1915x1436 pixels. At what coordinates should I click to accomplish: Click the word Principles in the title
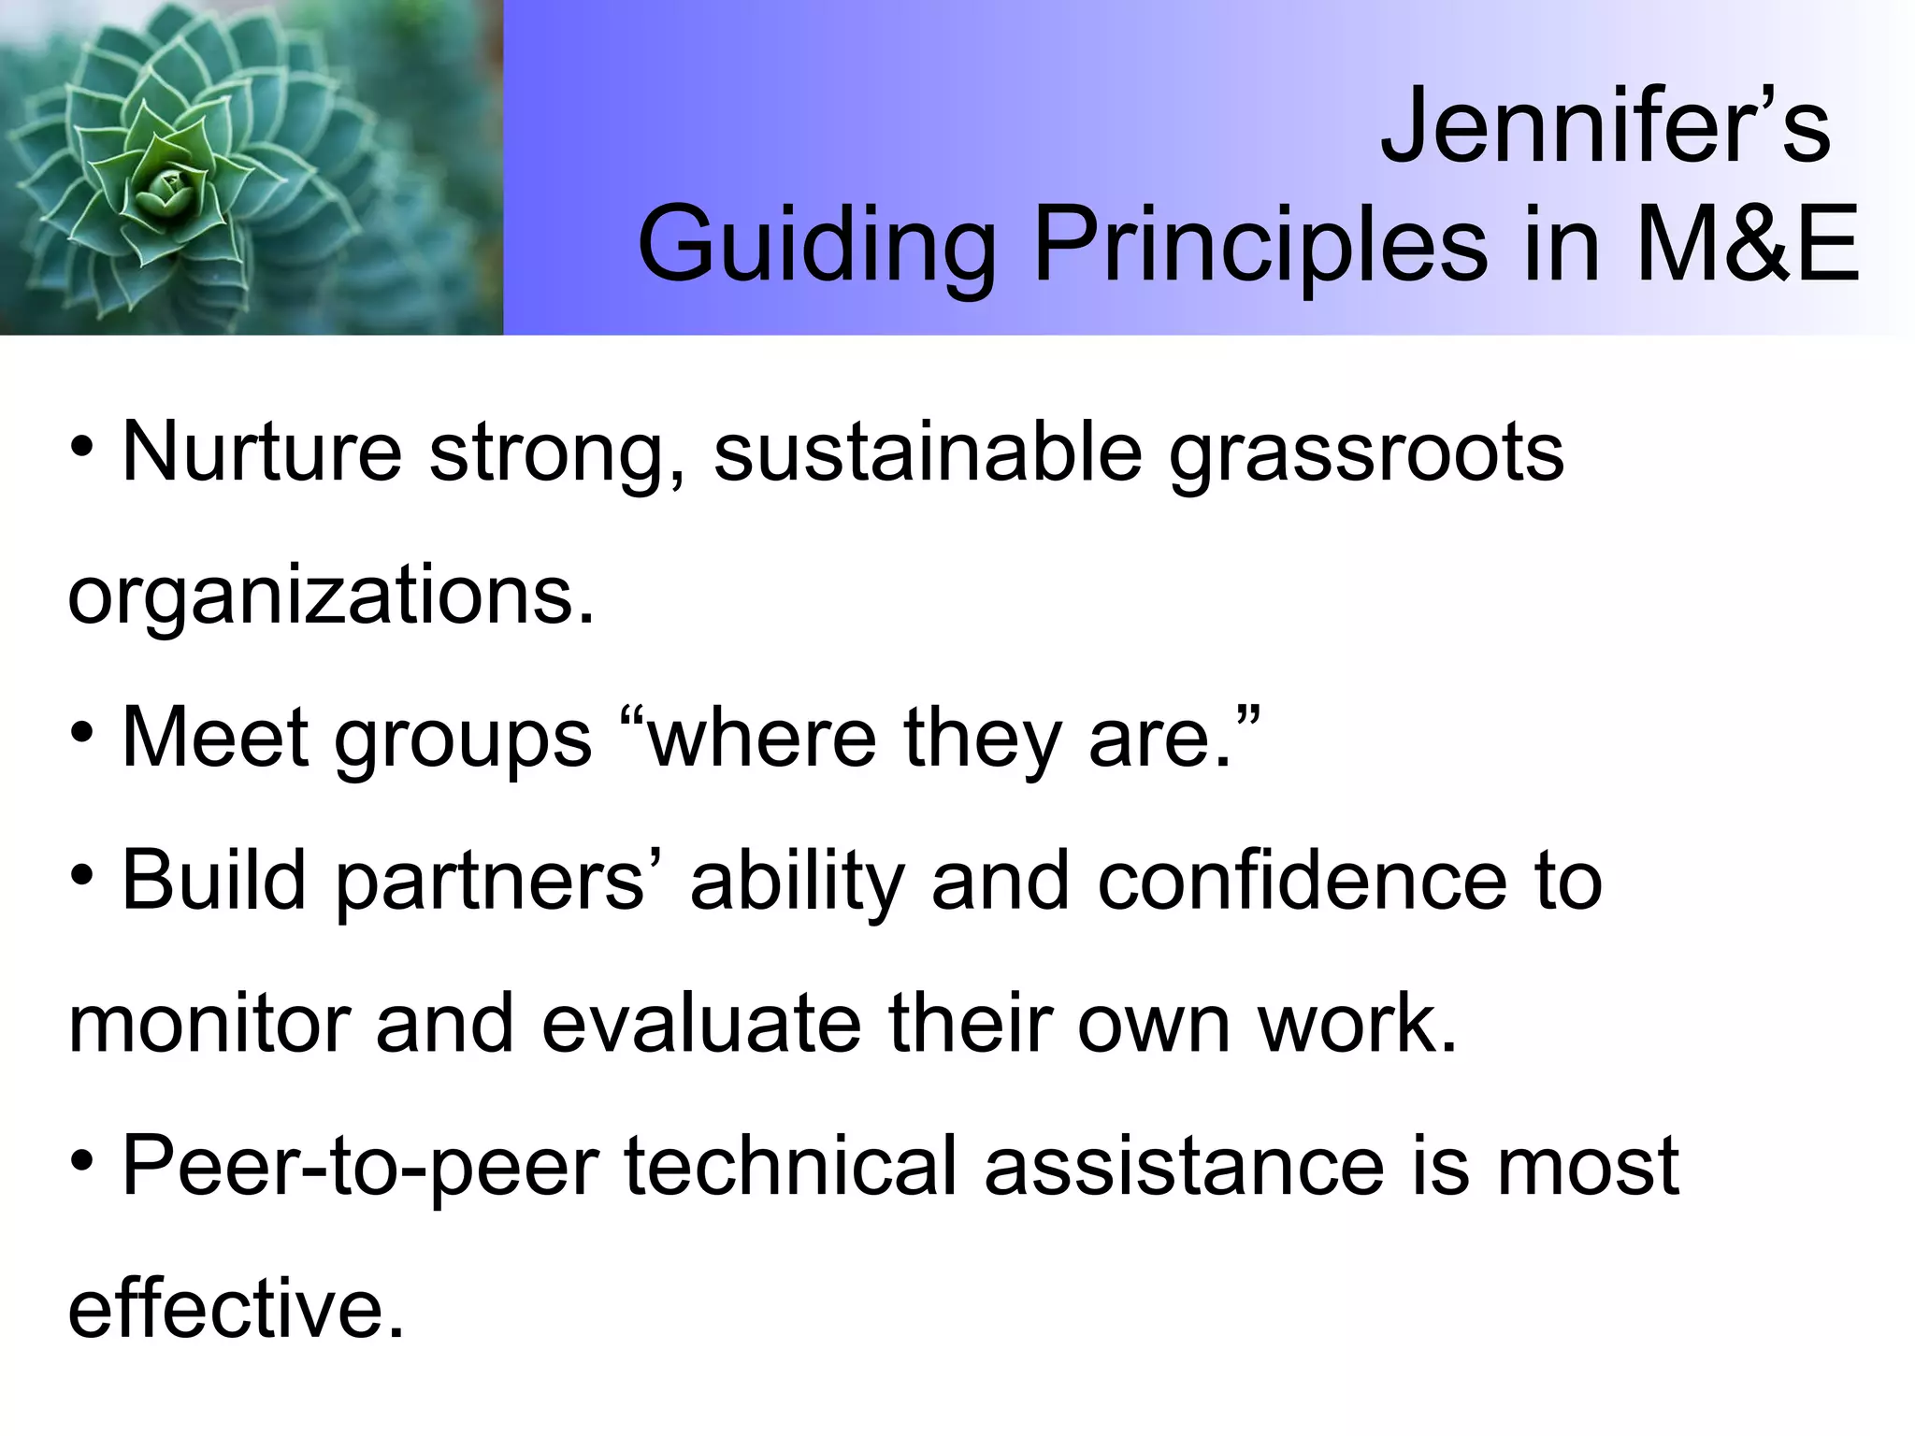pyautogui.click(x=1259, y=245)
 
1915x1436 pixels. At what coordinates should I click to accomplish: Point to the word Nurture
pyautogui.click(x=262, y=452)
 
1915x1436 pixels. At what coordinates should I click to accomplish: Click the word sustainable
pyautogui.click(x=928, y=452)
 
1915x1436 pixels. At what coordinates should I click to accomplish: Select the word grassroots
pyautogui.click(x=1366, y=452)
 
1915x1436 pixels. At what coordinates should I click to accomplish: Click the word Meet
pyautogui.click(x=215, y=738)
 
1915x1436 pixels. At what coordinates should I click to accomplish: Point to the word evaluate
pyautogui.click(x=700, y=1024)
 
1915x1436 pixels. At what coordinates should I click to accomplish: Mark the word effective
pyautogui.click(x=236, y=1308)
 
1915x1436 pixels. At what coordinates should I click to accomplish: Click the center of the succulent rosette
pyautogui.click(x=166, y=187)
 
